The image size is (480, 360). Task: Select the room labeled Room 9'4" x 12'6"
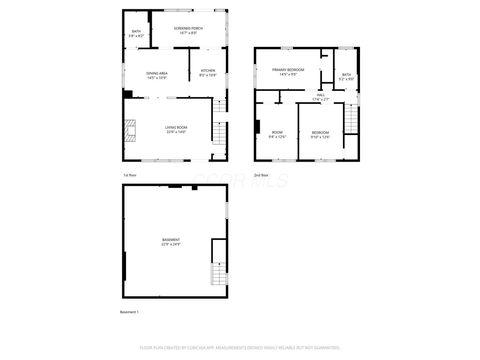(x=277, y=134)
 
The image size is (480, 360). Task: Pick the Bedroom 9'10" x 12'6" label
(x=320, y=134)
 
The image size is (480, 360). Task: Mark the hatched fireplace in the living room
(x=128, y=131)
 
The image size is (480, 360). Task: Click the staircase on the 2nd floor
(x=351, y=121)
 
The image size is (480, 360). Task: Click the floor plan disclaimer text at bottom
(x=239, y=349)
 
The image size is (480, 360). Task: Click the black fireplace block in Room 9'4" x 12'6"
(x=257, y=127)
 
